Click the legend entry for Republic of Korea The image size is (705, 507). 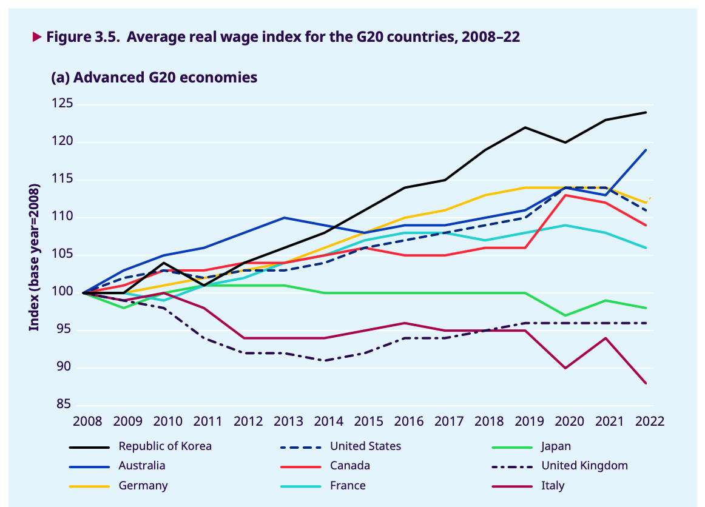(165, 446)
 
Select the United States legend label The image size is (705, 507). (365, 446)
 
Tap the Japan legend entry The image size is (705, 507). (556, 446)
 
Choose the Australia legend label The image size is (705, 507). (141, 466)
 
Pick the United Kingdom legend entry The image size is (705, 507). (584, 466)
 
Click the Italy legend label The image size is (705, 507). (553, 486)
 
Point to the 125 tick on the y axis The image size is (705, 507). (62, 104)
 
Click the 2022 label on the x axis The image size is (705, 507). (646, 421)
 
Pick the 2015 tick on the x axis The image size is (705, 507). (365, 421)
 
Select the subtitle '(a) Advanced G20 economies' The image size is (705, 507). (154, 78)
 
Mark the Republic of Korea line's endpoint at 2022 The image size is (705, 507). (646, 112)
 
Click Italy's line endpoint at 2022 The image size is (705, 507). (646, 383)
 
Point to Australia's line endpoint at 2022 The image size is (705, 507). (646, 150)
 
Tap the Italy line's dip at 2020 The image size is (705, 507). (565, 368)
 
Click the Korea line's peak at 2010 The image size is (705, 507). (164, 263)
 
